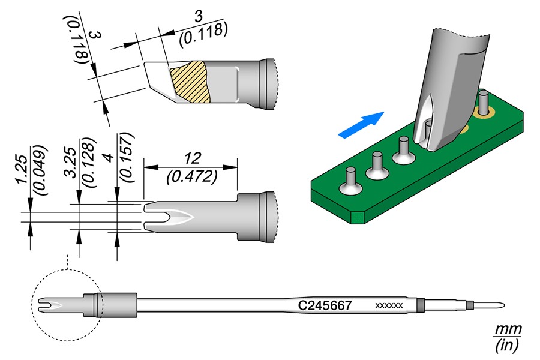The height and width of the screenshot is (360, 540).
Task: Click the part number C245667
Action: [325, 305]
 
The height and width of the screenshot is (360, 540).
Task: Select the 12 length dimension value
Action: [192, 158]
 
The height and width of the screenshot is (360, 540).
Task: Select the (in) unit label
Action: [507, 345]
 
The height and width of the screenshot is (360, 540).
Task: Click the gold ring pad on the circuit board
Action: [484, 112]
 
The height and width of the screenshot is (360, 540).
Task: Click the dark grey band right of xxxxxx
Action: [421, 305]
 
